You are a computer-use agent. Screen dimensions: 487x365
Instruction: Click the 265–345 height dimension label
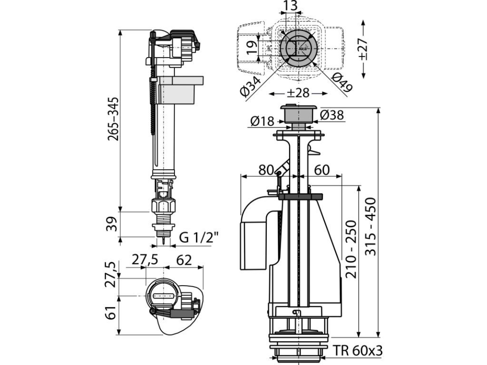pyautogui.click(x=113, y=119)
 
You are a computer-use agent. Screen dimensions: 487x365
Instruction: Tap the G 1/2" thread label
pyautogui.click(x=199, y=238)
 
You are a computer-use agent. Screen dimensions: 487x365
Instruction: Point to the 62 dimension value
pyautogui.click(x=184, y=260)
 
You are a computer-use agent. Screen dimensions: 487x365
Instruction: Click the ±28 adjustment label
pyautogui.click(x=298, y=93)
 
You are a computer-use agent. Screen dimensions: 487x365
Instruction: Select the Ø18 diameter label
pyautogui.click(x=263, y=121)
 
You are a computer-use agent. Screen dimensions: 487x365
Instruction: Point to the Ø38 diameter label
pyautogui.click(x=332, y=115)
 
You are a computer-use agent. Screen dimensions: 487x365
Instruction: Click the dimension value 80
pyautogui.click(x=266, y=170)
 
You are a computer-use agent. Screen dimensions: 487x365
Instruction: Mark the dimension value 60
pyautogui.click(x=322, y=170)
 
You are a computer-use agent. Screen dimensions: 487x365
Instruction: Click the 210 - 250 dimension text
pyautogui.click(x=351, y=249)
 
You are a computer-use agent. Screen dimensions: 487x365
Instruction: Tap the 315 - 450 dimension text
pyautogui.click(x=370, y=227)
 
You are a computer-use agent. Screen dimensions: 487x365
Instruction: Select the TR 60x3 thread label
pyautogui.click(x=358, y=351)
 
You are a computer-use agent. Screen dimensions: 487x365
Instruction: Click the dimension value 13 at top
pyautogui.click(x=291, y=6)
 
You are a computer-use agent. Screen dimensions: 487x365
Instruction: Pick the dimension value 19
pyautogui.click(x=252, y=48)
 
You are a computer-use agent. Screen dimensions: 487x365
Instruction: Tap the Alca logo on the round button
pyautogui.click(x=302, y=49)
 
